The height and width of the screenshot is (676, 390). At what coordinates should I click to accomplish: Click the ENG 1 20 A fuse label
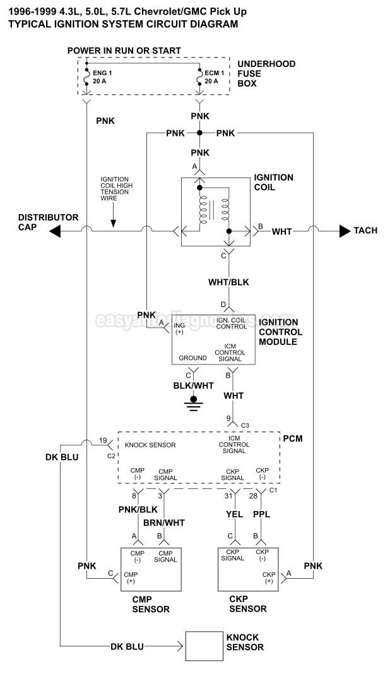(101, 76)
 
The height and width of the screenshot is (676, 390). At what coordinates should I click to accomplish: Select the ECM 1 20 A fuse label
(215, 76)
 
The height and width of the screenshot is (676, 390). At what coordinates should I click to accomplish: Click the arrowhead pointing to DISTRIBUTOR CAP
(56, 232)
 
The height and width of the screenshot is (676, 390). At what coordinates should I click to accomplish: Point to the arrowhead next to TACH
(345, 231)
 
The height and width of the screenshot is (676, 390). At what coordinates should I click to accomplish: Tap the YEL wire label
(235, 515)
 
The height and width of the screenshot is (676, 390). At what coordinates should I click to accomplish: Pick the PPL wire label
(261, 515)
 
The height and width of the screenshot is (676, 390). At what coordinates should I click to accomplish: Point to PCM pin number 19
(103, 441)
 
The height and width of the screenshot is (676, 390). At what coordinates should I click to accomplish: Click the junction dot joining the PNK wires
(200, 133)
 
